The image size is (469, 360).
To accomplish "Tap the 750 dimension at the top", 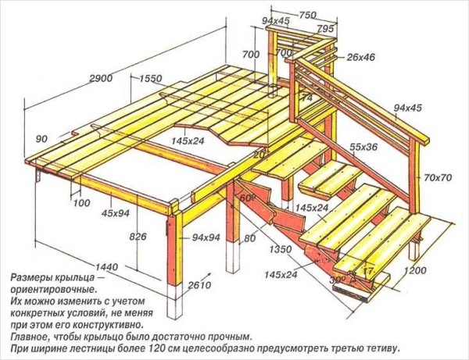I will (307, 15).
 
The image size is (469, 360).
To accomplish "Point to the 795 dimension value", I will (325, 29).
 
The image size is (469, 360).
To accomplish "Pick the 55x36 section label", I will (363, 147).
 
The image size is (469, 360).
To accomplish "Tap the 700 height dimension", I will (251, 55).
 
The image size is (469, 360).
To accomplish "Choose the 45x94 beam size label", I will (115, 213).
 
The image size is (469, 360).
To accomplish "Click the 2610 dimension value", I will (199, 286).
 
